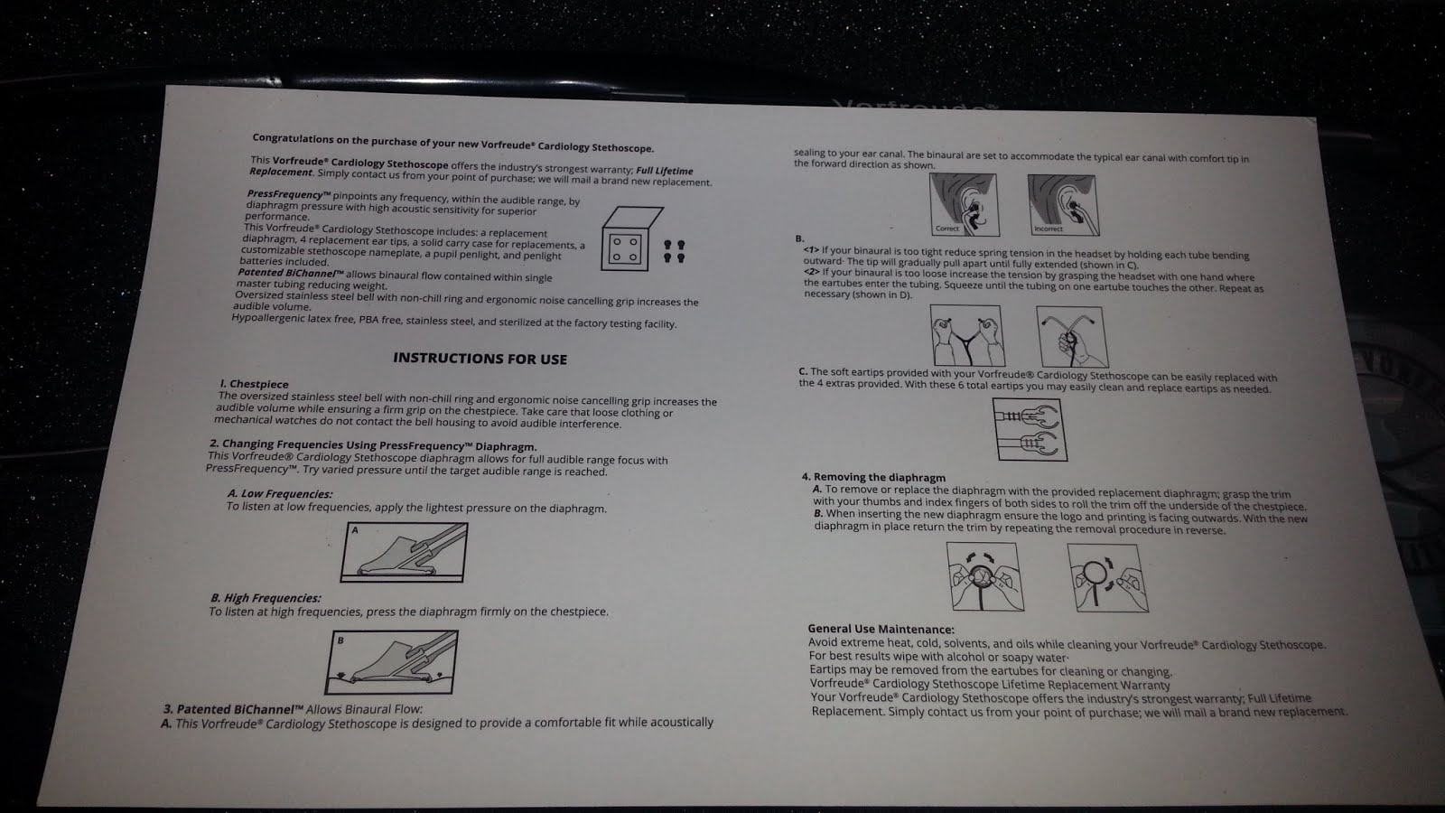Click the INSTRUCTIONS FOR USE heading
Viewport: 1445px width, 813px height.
pos(480,359)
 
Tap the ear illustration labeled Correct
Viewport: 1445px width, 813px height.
pos(965,204)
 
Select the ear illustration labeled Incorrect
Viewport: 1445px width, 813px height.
pos(1064,205)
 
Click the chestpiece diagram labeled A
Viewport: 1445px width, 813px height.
pos(404,552)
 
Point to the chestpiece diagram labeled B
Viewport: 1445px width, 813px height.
pos(392,662)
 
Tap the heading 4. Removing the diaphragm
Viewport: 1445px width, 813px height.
pos(873,478)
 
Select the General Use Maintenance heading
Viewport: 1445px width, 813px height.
pos(881,629)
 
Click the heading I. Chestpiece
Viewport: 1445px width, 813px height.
pos(254,384)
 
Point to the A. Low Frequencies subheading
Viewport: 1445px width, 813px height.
pos(280,494)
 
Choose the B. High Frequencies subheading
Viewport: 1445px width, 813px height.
pos(266,598)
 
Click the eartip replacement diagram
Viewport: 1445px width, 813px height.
pos(1030,430)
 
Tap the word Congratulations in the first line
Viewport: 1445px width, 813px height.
pos(293,138)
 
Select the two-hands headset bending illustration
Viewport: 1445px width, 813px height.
pos(967,335)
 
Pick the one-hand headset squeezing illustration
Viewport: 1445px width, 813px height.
pos(1072,337)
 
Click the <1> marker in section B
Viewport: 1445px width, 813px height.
pos(811,249)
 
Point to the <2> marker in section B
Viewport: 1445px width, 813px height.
pos(812,272)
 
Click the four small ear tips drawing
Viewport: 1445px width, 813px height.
pos(674,251)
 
